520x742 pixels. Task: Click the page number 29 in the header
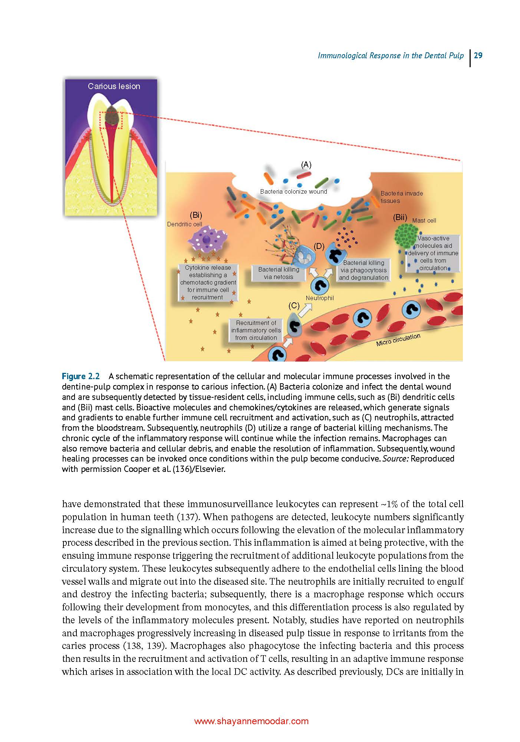(x=478, y=56)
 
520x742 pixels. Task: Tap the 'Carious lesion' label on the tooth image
(x=114, y=86)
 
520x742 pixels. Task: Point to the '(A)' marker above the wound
(x=306, y=165)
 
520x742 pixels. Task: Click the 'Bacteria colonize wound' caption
(x=293, y=191)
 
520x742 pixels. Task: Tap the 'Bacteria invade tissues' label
(x=401, y=197)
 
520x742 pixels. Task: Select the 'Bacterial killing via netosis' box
(x=278, y=273)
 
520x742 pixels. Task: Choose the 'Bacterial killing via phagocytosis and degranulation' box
(x=363, y=270)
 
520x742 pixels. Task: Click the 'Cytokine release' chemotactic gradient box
(x=208, y=282)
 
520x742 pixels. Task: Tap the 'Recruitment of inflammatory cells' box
(x=256, y=330)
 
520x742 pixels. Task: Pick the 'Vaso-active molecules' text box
(x=433, y=253)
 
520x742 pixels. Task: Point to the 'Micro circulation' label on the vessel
(x=398, y=339)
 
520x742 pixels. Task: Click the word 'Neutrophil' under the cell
(x=320, y=298)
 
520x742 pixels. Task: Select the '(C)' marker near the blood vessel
(x=294, y=305)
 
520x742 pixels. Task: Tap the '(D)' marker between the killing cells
(x=319, y=246)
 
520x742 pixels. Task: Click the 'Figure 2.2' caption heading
(x=81, y=376)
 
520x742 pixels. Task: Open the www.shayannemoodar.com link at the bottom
(x=251, y=721)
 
